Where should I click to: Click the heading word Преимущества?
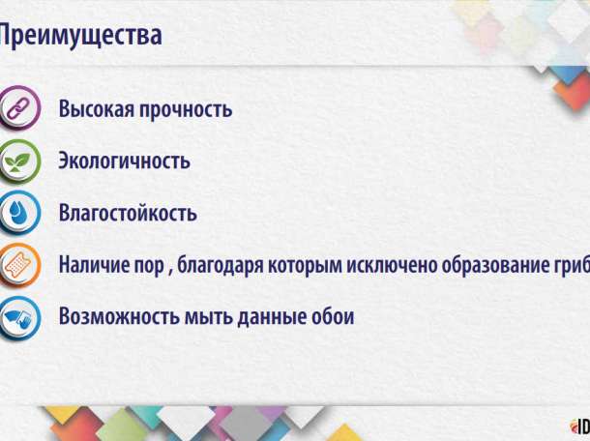[79, 37]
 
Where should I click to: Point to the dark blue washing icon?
[16, 316]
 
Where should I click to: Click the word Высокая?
[100, 108]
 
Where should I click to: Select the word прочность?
[190, 108]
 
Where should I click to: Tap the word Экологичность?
[124, 161]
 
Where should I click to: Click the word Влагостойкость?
[128, 213]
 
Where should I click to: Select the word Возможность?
[117, 316]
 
